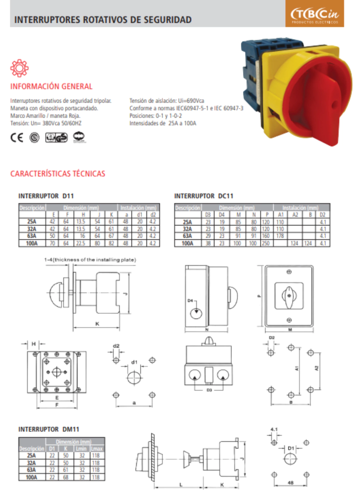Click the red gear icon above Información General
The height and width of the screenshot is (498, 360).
[19, 68]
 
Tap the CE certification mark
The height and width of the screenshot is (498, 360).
[17, 137]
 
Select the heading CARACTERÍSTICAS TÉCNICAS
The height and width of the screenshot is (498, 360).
[58, 174]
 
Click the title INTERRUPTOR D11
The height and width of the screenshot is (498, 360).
[46, 196]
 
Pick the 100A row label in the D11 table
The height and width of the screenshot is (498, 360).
[32, 243]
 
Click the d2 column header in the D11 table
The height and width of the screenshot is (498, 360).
[153, 215]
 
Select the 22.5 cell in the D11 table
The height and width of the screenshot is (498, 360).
[81, 243]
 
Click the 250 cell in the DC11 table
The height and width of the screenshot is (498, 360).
[266, 243]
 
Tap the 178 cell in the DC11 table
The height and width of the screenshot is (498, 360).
[280, 236]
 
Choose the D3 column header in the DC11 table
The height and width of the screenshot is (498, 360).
[208, 215]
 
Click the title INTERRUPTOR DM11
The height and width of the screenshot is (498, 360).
[49, 429]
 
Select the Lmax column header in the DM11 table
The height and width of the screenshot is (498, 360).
[97, 448]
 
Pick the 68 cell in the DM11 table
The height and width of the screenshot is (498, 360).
[66, 477]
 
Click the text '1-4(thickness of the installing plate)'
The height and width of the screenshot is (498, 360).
[90, 260]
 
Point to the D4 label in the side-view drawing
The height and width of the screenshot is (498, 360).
[190, 301]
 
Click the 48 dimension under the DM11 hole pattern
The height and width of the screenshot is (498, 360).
[290, 483]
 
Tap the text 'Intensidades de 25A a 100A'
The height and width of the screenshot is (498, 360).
[163, 123]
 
